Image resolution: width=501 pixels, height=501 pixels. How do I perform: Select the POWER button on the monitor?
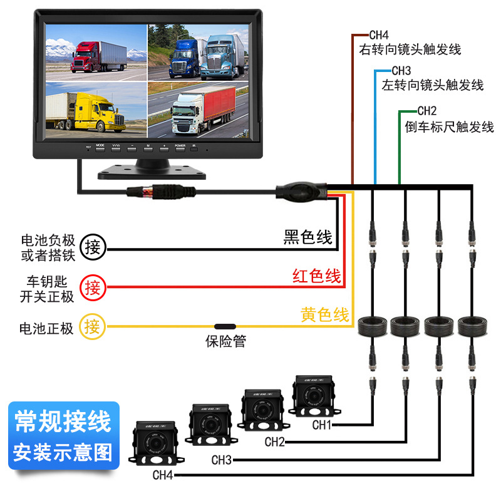[180, 148]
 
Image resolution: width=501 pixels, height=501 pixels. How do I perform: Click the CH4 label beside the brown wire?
[379, 36]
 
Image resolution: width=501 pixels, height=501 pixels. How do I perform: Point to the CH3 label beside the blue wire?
[401, 71]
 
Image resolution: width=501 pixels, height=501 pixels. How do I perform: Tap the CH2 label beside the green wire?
[426, 111]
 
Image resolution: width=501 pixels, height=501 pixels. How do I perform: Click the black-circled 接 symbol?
[93, 246]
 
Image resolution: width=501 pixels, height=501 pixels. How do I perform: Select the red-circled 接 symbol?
[93, 287]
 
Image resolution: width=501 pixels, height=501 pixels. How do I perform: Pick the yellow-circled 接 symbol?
[93, 326]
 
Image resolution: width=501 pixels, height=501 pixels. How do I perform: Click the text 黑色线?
[307, 237]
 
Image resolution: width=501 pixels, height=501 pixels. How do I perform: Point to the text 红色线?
[317, 276]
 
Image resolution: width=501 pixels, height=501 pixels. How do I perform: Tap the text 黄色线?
[324, 315]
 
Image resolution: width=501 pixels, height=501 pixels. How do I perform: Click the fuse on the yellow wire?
[225, 326]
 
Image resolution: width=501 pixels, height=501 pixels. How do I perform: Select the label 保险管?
[225, 342]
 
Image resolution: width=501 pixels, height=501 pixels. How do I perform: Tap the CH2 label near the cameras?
[274, 442]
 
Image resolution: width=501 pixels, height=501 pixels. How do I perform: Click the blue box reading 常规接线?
[62, 421]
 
